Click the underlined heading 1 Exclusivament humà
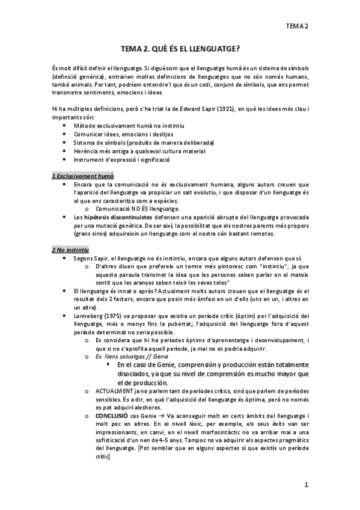(82, 175)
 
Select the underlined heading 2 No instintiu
(70, 248)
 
